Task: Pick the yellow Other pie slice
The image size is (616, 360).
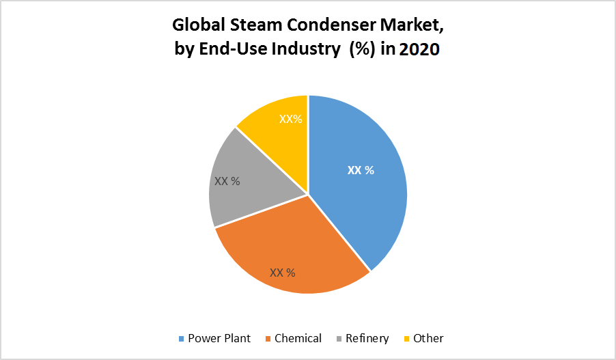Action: click(x=273, y=130)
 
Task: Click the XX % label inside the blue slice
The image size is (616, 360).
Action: click(x=361, y=170)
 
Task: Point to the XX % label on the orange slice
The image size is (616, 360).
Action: click(x=283, y=273)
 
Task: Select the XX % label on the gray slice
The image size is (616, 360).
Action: click(x=227, y=182)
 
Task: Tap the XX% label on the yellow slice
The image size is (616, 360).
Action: click(x=291, y=119)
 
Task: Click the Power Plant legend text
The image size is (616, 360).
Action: click(x=219, y=338)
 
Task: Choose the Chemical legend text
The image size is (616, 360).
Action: click(x=298, y=338)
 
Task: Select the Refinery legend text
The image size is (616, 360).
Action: click(x=367, y=338)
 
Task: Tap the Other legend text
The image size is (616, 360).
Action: click(x=428, y=338)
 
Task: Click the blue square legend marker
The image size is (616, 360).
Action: click(x=181, y=339)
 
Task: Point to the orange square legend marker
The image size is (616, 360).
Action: click(x=268, y=339)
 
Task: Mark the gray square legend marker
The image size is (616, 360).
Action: click(x=339, y=339)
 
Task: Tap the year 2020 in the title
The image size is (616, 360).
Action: click(x=419, y=51)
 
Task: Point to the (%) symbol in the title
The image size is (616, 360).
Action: click(x=363, y=51)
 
